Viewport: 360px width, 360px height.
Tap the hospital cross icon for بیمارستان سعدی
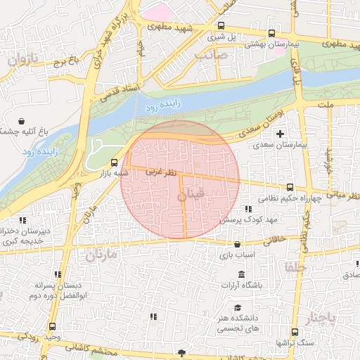281,134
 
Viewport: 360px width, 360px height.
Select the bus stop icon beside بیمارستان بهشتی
272,33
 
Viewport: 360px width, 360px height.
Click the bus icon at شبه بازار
115,162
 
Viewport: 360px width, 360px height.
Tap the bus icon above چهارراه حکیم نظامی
290,187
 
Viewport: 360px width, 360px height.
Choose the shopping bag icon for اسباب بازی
237,245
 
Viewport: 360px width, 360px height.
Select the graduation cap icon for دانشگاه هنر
237,308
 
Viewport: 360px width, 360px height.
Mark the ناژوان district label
21,60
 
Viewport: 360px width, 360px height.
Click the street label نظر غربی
159,172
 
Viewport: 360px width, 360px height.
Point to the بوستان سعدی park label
238,129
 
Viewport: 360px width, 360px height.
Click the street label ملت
325,105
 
